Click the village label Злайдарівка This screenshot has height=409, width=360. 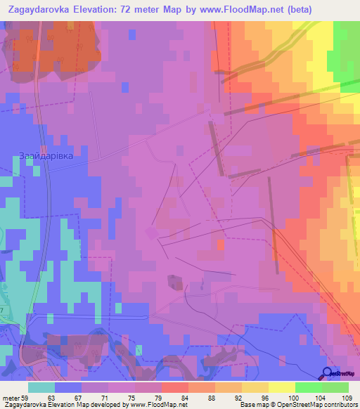pyautogui.click(x=46, y=156)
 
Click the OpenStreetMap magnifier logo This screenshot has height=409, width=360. pyautogui.click(x=328, y=373)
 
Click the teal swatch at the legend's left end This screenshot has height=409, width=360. pyautogui.click(x=41, y=387)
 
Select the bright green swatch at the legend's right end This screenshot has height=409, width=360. pyautogui.click(x=335, y=387)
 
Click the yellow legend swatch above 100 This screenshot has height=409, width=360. pyautogui.click(x=281, y=387)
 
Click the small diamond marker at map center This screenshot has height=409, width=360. pyautogui.click(x=151, y=232)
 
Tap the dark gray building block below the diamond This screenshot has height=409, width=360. pyautogui.click(x=174, y=282)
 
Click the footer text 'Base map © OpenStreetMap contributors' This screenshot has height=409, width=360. pyautogui.click(x=297, y=405)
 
